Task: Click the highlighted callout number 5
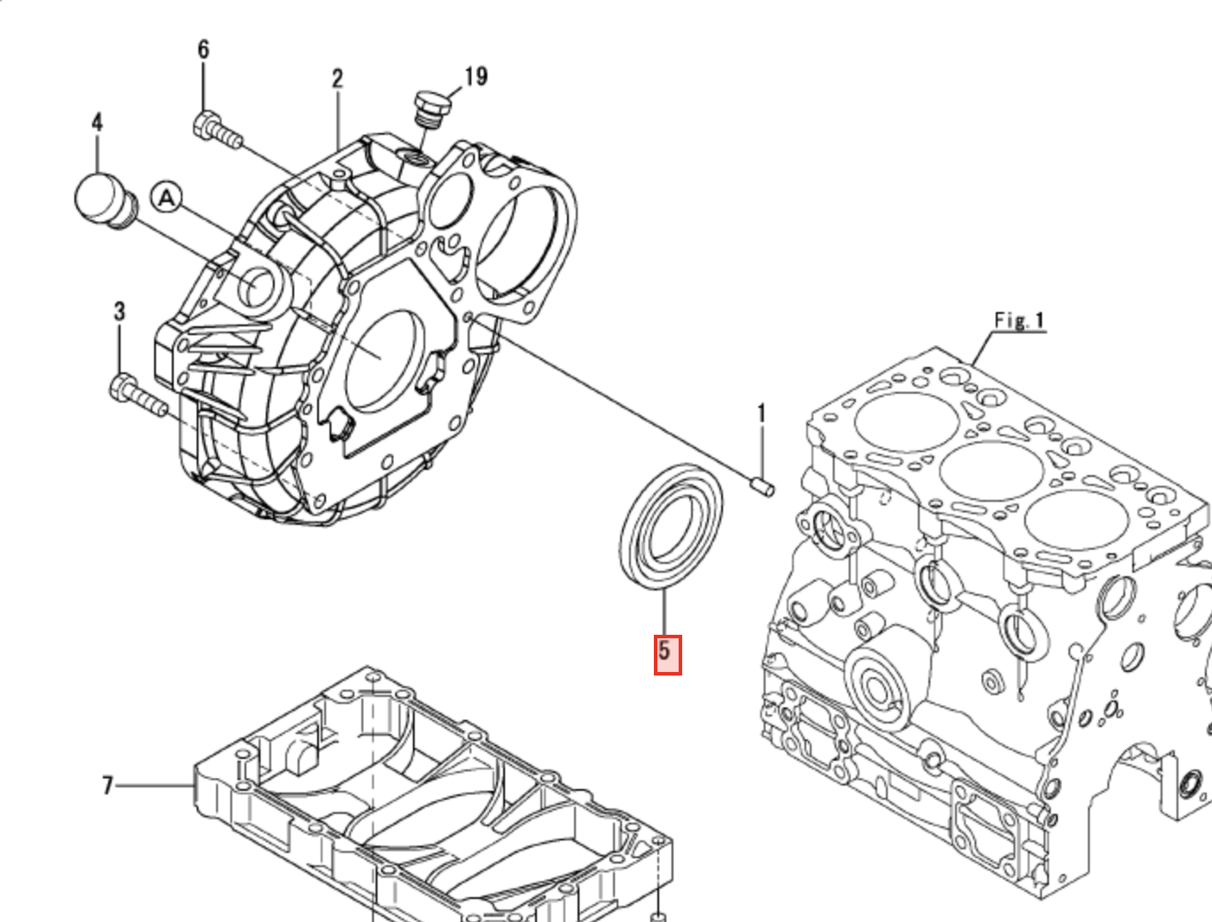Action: tap(667, 654)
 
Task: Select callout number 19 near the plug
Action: tap(475, 77)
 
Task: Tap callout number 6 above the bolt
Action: tap(203, 50)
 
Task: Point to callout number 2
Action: tap(337, 79)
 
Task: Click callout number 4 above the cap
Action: tap(97, 122)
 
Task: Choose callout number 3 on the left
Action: tap(119, 312)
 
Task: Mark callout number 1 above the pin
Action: tap(760, 414)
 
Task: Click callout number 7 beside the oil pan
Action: tap(107, 785)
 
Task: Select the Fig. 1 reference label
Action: tap(1019, 320)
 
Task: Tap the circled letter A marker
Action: tap(166, 199)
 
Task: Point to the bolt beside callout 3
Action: tap(137, 396)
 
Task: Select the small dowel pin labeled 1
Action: tap(763, 485)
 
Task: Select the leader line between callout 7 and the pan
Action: tap(154, 785)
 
